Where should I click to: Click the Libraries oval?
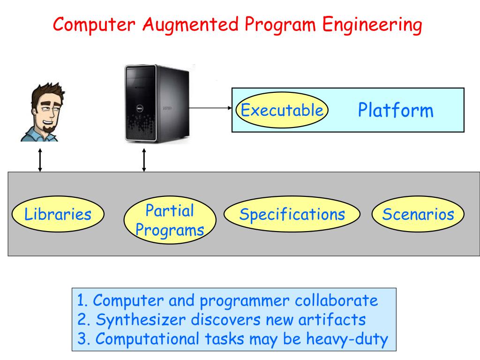(58, 215)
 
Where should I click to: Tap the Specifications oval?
(292, 214)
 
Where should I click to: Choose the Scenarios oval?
(418, 214)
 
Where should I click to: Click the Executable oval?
(282, 111)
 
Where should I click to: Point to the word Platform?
(396, 111)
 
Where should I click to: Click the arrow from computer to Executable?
(211, 107)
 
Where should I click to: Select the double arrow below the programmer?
(40, 160)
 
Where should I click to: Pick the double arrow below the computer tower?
(144, 160)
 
